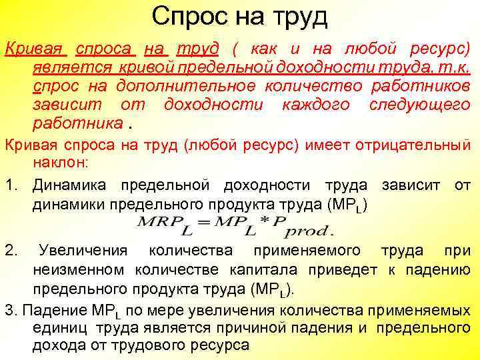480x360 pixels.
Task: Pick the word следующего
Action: tap(419, 105)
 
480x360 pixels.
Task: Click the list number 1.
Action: tap(9, 185)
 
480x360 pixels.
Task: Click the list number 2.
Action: tap(10, 251)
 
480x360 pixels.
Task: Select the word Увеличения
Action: tap(83, 251)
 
